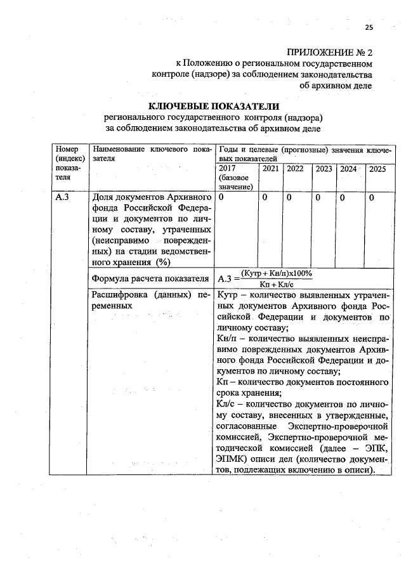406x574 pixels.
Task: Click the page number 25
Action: pyautogui.click(x=369, y=27)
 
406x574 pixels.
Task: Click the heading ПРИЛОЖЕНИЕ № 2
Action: pyautogui.click(x=329, y=51)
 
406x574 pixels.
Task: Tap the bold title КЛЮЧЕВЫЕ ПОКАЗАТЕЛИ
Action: pyautogui.click(x=214, y=106)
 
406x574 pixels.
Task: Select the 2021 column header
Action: pyautogui.click(x=269, y=169)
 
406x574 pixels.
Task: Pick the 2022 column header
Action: pyautogui.click(x=294, y=169)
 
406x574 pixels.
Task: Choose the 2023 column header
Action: pyautogui.click(x=324, y=169)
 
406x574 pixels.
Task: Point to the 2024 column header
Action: pyautogui.click(x=348, y=169)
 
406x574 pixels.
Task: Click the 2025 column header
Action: pyautogui.click(x=377, y=169)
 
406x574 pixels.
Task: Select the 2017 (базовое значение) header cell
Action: pyautogui.click(x=235, y=177)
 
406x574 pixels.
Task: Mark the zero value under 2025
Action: pyautogui.click(x=372, y=198)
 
